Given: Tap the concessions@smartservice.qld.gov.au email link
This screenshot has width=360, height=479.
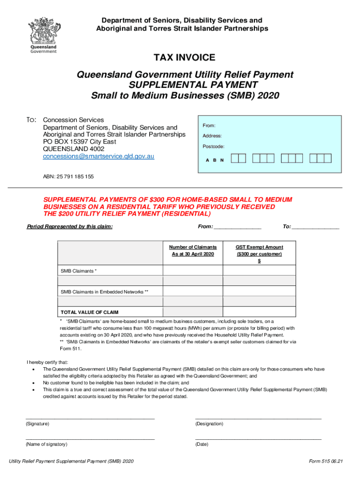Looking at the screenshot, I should click(99, 156).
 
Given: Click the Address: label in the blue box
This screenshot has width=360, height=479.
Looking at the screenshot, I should click(212, 136).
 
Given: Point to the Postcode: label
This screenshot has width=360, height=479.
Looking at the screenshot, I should click(213, 147).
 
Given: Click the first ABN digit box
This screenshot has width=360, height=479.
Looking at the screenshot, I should click(235, 159).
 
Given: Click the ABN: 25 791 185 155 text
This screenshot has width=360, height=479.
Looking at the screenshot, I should click(68, 177).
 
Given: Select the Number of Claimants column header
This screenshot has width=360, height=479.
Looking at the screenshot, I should click(193, 250).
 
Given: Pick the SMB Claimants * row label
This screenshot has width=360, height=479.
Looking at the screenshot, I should click(79, 271).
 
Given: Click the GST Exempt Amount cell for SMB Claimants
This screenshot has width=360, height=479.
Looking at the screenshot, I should click(259, 271).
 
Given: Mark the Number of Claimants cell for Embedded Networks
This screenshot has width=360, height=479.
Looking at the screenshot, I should click(193, 292).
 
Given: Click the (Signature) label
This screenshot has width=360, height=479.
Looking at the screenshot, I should click(37, 424).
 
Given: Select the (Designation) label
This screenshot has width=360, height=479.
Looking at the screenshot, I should click(209, 424).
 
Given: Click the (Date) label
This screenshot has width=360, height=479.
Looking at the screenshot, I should click(202, 444).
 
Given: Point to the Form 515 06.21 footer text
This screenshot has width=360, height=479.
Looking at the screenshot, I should click(326, 461).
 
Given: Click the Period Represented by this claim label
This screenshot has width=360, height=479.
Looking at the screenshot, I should click(70, 227).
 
